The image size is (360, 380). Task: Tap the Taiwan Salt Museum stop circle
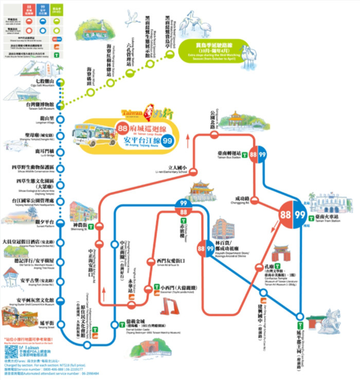click(x=61, y=105)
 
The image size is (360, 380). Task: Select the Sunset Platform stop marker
click(x=61, y=222)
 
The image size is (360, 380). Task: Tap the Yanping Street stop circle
click(x=61, y=322)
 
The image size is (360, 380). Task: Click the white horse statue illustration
click(x=326, y=323)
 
